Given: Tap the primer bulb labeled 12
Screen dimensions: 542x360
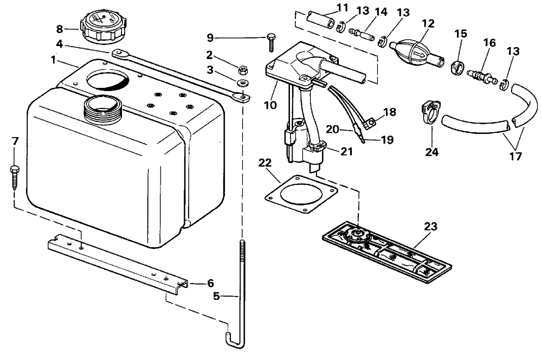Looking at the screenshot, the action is tap(418, 51).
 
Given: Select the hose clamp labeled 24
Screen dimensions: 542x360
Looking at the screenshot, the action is tap(431, 112).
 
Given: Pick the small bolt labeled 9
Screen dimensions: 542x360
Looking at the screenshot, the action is tap(270, 43).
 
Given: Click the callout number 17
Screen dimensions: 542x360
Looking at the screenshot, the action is tap(515, 156).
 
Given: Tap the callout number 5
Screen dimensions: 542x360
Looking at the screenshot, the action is tap(216, 297).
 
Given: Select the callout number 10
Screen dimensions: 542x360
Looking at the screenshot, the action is tap(270, 105).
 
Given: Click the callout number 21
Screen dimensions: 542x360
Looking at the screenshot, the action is tap(347, 151).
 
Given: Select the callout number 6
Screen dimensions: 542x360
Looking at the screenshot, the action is tap(210, 283).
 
